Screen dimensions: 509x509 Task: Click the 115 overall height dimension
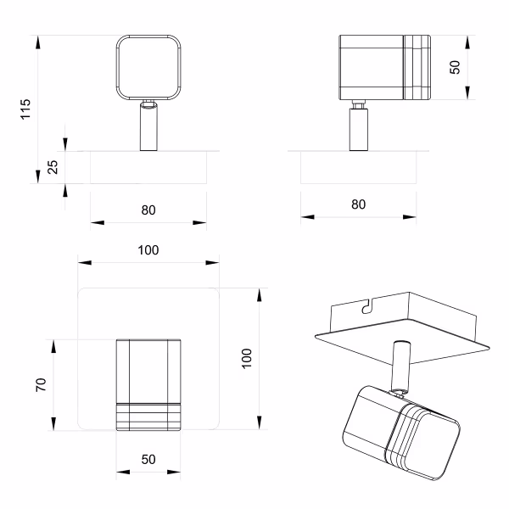click(25, 108)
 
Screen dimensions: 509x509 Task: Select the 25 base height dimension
click(52, 167)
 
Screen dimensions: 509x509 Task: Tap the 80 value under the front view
click(148, 210)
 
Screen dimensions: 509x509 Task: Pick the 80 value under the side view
click(358, 204)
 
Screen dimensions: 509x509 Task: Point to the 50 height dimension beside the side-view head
click(456, 68)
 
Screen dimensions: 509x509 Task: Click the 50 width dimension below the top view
click(148, 459)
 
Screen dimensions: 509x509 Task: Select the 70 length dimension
click(41, 385)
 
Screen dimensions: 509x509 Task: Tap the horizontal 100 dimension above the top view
click(148, 250)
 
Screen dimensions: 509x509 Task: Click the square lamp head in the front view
click(148, 66)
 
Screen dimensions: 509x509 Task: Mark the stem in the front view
click(148, 127)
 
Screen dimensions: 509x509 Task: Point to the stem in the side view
click(358, 127)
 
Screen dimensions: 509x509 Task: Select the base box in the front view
click(148, 167)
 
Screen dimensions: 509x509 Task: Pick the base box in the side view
click(358, 167)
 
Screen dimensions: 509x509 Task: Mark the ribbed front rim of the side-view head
click(416, 68)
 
